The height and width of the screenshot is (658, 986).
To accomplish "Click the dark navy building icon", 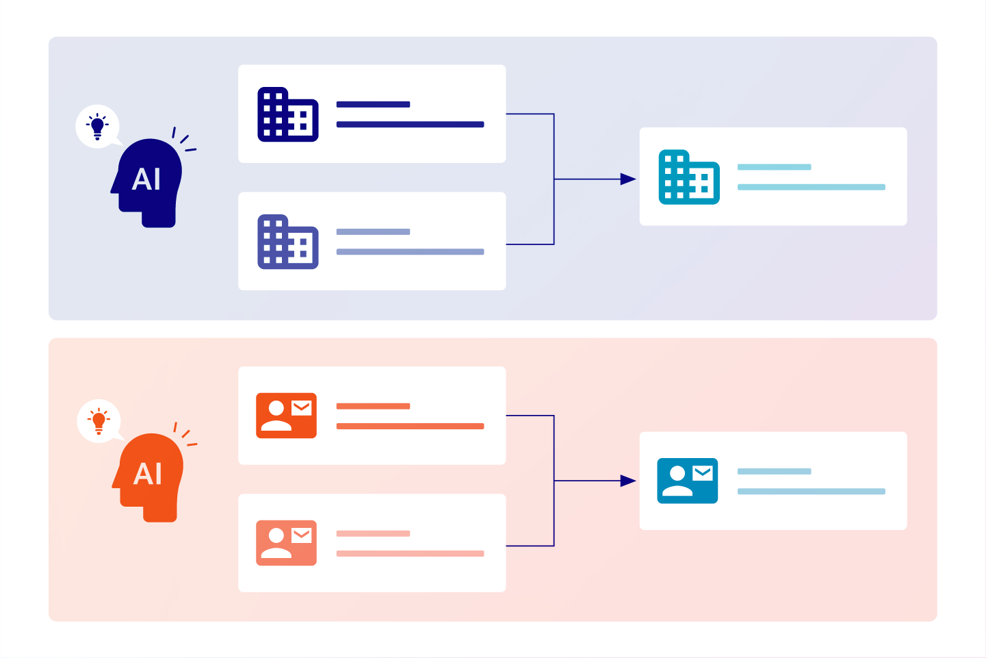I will click(x=287, y=114).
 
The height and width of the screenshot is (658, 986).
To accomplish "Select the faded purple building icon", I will click(x=287, y=242).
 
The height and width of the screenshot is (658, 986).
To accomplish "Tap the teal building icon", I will click(x=688, y=177).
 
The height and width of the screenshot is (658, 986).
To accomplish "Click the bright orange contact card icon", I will click(x=286, y=416).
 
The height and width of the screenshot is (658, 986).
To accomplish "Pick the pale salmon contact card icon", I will click(x=286, y=543).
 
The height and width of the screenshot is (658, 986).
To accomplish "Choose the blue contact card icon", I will click(x=687, y=481).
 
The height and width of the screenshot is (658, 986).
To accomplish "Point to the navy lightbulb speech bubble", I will click(x=98, y=127).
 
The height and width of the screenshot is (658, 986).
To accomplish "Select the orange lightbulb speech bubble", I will click(x=99, y=420).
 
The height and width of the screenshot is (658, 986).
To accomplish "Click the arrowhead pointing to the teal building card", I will click(x=627, y=179).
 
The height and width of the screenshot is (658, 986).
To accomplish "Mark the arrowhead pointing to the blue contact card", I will click(x=627, y=481).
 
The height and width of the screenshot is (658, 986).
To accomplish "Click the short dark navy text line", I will click(x=373, y=105).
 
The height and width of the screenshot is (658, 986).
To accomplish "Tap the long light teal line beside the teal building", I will click(x=811, y=187).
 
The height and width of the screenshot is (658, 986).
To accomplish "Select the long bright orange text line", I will click(x=410, y=426).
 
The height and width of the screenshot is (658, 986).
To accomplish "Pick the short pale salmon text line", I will click(x=373, y=533).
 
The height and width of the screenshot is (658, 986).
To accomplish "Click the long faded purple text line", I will click(x=410, y=252).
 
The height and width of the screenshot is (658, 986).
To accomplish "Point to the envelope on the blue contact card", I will click(x=703, y=472).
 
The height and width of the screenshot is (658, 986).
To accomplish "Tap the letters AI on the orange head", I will click(x=148, y=474).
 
